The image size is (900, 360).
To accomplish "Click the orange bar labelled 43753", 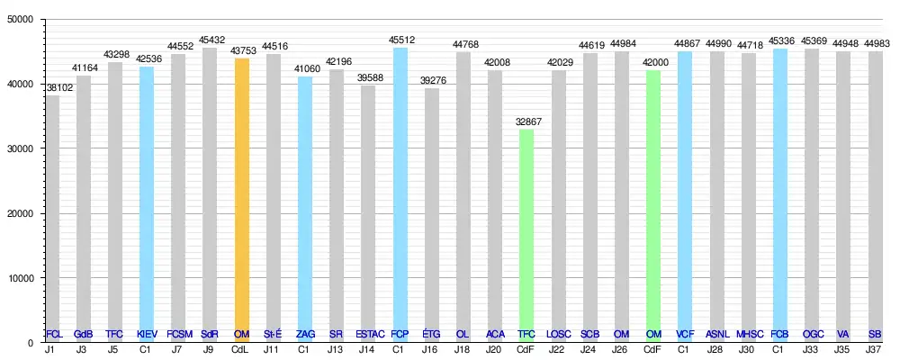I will [x=241, y=198].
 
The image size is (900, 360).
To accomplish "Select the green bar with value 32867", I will [x=526, y=234].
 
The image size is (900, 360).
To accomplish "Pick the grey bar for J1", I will [x=53, y=216].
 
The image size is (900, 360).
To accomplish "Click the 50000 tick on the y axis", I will [x=22, y=20].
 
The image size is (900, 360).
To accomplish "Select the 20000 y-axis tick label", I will [x=22, y=213].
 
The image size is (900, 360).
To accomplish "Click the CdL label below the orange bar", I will [x=241, y=349].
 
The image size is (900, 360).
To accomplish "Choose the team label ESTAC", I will [x=368, y=335].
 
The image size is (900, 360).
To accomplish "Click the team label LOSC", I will [x=559, y=335].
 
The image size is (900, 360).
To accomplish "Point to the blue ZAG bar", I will [x=305, y=207].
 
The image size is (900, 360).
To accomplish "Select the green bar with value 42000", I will [x=653, y=202].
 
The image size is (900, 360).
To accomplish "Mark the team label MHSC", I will [x=749, y=335].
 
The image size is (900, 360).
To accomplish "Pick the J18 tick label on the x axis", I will [x=463, y=349].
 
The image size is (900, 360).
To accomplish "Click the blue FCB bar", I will [x=780, y=193].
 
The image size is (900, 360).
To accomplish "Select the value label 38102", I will [x=53, y=86].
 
